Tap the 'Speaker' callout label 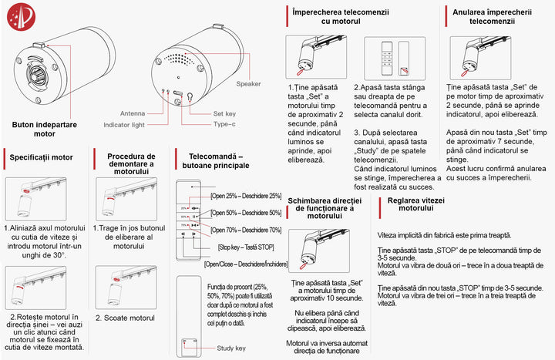[249, 83]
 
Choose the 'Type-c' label [224, 123]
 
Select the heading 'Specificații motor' [42, 157]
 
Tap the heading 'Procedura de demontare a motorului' [132, 162]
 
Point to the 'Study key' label [231, 348]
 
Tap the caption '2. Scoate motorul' [126, 318]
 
